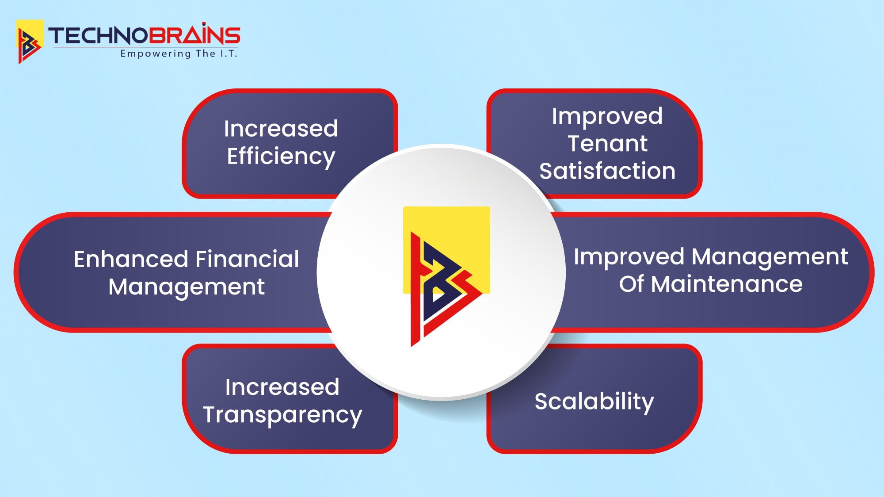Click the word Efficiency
pos(281,157)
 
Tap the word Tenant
pos(607,144)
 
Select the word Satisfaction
pos(607,171)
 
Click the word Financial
pos(247,259)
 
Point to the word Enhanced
pos(131,259)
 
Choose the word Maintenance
pos(727,284)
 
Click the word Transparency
pos(282,415)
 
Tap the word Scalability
pos(594,401)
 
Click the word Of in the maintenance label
pos(631,284)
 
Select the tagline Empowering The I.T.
pos(179,54)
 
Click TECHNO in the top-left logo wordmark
pos(98,36)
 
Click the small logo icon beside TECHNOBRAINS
pos(29,42)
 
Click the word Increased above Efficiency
pos(281,129)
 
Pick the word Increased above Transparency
pos(282,387)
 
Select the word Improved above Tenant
pos(607,116)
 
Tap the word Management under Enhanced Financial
pos(187,287)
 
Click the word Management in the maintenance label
pos(770,257)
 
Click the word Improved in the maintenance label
pos(629,257)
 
